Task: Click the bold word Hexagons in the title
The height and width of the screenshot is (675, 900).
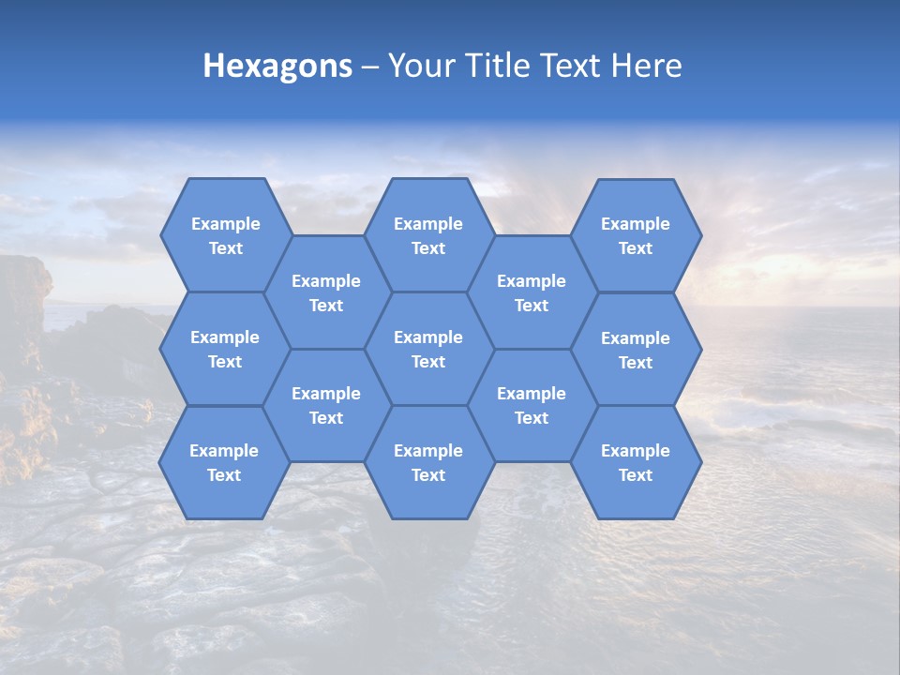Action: [277, 66]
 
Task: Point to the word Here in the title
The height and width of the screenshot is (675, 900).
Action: [646, 66]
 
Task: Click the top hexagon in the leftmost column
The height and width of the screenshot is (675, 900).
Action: [225, 235]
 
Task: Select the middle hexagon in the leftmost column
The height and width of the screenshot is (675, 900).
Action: [225, 349]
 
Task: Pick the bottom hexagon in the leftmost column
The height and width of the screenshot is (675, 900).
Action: [224, 462]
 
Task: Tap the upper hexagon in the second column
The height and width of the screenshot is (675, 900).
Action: [326, 292]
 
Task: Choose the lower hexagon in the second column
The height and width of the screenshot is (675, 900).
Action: [326, 405]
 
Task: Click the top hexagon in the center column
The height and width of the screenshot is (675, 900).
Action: [428, 235]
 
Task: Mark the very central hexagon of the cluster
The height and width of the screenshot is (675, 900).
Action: [428, 349]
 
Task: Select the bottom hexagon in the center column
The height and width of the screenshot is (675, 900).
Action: [428, 462]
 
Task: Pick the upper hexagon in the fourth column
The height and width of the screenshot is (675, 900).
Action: [532, 292]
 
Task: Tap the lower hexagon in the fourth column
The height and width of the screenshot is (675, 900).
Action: [532, 405]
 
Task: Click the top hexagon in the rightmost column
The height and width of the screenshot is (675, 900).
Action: [636, 235]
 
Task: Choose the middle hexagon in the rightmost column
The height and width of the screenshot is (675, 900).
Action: [636, 350]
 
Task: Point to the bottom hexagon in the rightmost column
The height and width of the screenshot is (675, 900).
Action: [636, 462]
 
